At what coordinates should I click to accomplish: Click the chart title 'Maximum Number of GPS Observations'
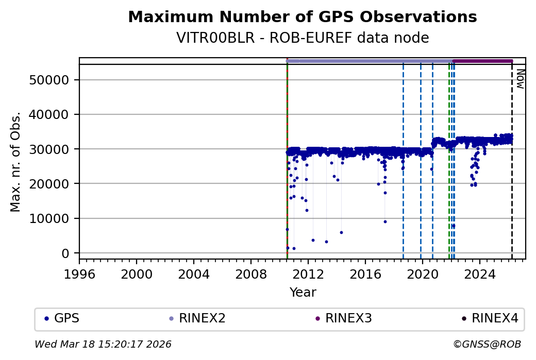302,17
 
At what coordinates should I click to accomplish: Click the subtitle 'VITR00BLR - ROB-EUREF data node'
302,38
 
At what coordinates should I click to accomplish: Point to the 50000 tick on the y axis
52,80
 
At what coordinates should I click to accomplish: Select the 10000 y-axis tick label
52,219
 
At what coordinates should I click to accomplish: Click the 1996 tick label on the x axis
79,273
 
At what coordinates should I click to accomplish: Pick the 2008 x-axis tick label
250,273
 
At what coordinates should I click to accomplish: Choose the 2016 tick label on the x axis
365,273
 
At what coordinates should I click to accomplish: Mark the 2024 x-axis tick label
479,273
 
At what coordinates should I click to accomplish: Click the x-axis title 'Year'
303,293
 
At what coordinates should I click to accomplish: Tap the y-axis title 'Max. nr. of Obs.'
15,161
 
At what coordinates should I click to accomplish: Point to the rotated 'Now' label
521,79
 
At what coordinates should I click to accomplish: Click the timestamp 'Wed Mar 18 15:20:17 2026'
103,344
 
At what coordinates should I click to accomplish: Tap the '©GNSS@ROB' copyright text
487,344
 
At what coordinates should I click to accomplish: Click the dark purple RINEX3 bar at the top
482,61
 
